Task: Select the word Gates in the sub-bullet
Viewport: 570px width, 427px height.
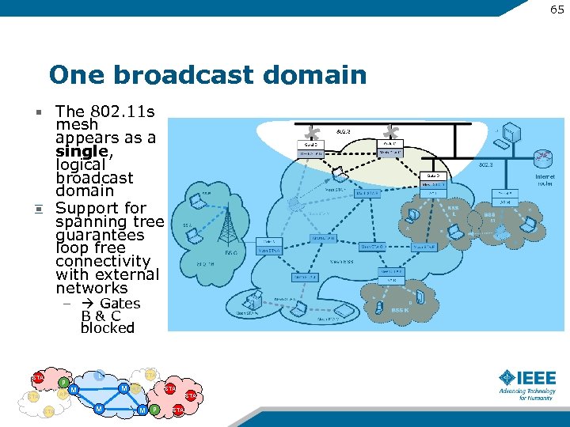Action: coord(120,304)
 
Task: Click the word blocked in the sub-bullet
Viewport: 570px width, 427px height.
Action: coord(108,328)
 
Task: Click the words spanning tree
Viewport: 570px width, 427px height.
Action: coord(109,221)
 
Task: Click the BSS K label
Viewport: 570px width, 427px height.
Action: coord(401,311)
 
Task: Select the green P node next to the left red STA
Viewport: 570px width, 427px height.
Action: coord(63,384)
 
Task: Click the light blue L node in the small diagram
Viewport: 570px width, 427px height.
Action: coord(100,375)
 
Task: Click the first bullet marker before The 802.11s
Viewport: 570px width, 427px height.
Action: coord(37,111)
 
